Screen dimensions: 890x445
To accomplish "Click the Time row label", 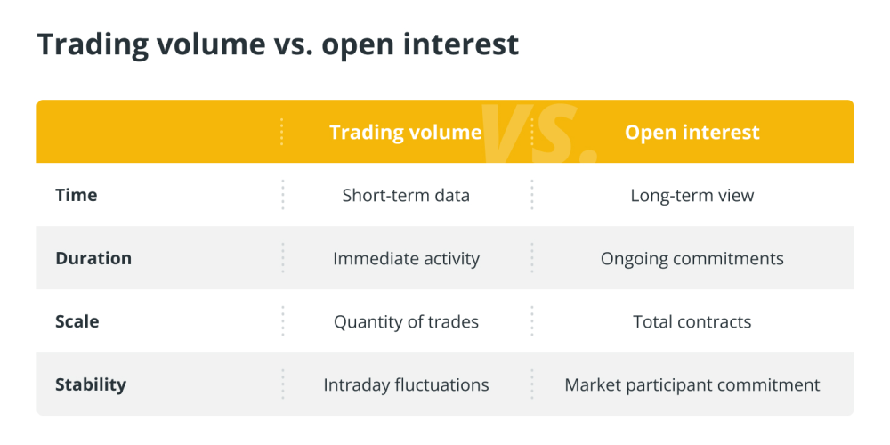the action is click(76, 195).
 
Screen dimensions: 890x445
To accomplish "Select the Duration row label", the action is click(93, 258).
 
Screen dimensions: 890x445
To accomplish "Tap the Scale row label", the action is click(77, 322).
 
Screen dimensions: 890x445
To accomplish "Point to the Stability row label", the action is click(91, 384).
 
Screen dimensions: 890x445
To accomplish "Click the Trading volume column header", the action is click(406, 133).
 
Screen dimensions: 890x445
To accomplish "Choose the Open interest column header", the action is click(692, 133).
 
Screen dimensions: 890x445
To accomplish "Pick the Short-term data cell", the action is click(406, 196).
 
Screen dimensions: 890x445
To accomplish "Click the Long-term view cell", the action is click(692, 196).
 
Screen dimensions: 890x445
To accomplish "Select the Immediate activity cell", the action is click(406, 259).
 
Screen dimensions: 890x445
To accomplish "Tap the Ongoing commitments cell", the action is click(692, 259).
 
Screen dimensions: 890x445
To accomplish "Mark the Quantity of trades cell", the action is click(406, 322).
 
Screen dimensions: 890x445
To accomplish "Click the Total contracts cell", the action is click(692, 322).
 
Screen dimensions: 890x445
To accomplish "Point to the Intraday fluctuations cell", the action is click(406, 384).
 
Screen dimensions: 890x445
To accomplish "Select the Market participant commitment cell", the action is click(692, 384).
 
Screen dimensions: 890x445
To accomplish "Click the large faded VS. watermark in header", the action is click(538, 133).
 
